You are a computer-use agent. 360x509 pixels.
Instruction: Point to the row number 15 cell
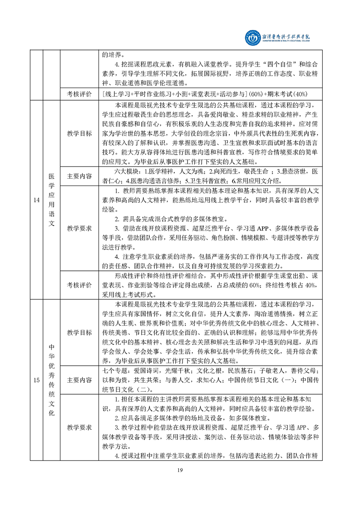click(x=36, y=380)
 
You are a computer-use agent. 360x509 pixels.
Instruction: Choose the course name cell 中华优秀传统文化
click(x=51, y=380)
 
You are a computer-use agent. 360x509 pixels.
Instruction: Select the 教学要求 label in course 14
click(x=79, y=228)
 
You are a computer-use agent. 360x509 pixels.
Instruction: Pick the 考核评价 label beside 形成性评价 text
click(x=79, y=285)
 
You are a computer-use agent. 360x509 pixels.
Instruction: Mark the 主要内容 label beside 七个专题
click(x=79, y=379)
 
